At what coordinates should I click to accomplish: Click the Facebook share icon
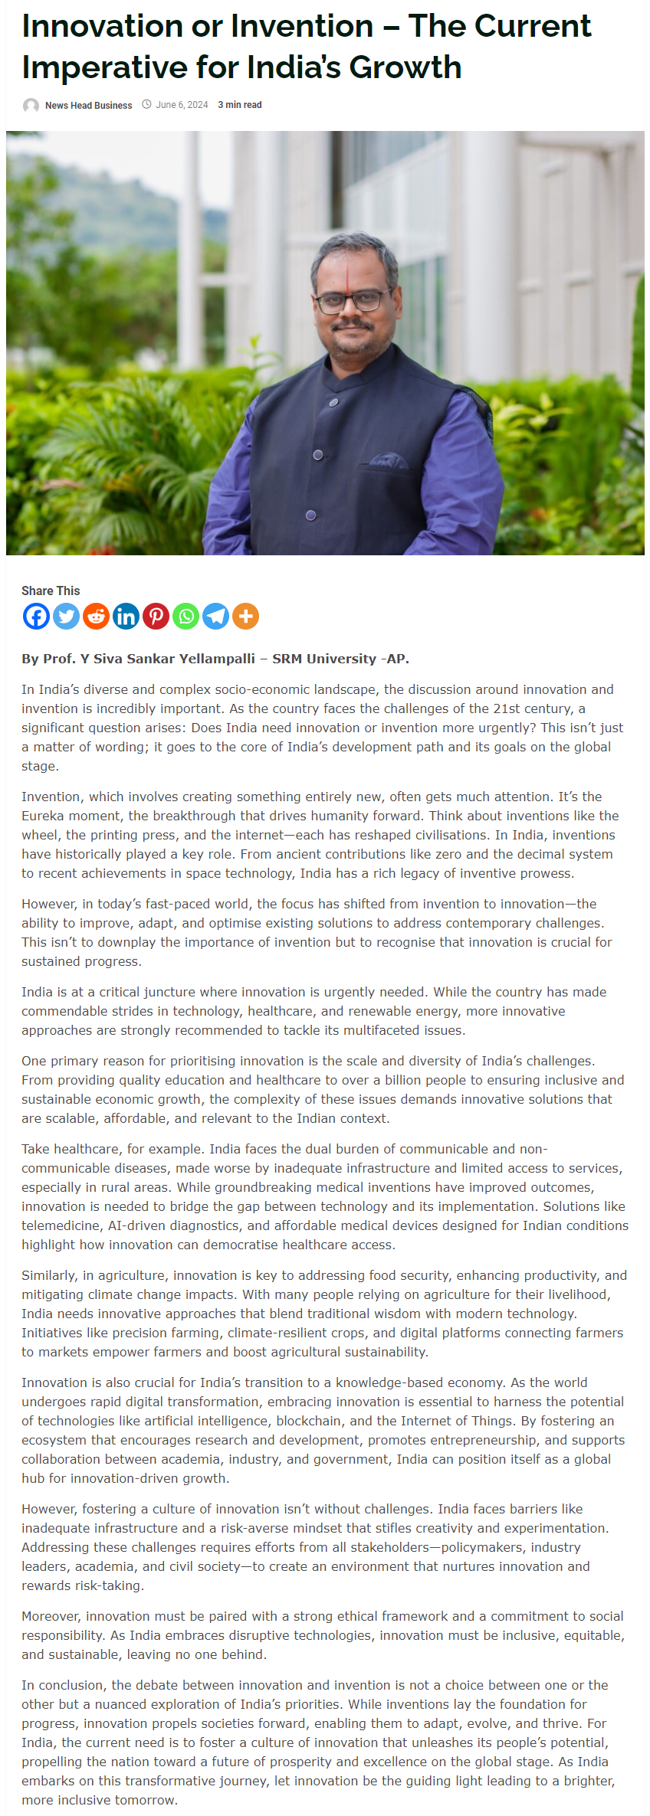pyautogui.click(x=36, y=616)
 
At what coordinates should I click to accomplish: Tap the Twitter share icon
pyautogui.click(x=66, y=616)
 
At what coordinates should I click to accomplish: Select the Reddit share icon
pyautogui.click(x=96, y=616)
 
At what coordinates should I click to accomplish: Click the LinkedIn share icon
pyautogui.click(x=126, y=616)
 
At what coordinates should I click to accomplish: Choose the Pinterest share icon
pyautogui.click(x=156, y=616)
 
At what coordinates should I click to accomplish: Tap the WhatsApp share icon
pyautogui.click(x=185, y=616)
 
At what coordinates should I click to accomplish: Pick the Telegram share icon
pyautogui.click(x=215, y=616)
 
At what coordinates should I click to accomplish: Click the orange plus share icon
pyautogui.click(x=245, y=616)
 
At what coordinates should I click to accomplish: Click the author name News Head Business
pyautogui.click(x=88, y=106)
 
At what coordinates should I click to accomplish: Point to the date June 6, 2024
pyautogui.click(x=182, y=105)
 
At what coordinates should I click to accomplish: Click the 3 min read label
pyautogui.click(x=240, y=105)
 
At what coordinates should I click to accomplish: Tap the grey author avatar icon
pyautogui.click(x=31, y=106)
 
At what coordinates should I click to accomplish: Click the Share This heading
pyautogui.click(x=51, y=591)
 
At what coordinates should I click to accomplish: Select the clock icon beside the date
pyautogui.click(x=146, y=105)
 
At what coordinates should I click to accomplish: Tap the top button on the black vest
pyautogui.click(x=333, y=402)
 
